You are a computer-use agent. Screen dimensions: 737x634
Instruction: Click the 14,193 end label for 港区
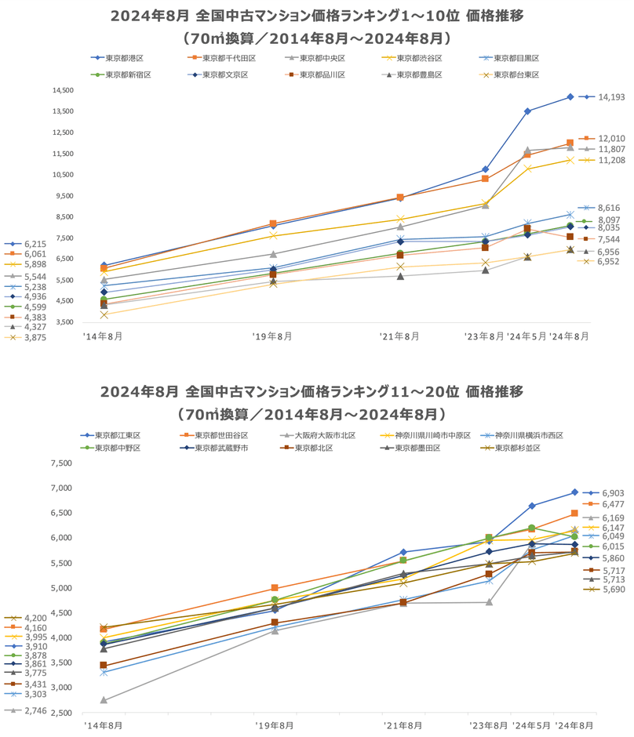611,97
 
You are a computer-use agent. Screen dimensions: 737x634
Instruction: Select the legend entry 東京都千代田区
228,58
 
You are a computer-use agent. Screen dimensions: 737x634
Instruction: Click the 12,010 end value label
611,138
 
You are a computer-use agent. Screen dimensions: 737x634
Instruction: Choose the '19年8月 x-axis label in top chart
272,336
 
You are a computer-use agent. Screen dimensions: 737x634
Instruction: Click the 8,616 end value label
610,208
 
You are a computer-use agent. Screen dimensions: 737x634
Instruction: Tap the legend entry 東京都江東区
116,435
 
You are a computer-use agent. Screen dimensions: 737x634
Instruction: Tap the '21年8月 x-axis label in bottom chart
403,725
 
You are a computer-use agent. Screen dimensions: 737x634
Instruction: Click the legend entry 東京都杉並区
513,448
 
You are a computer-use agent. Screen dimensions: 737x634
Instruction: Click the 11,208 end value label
611,160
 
